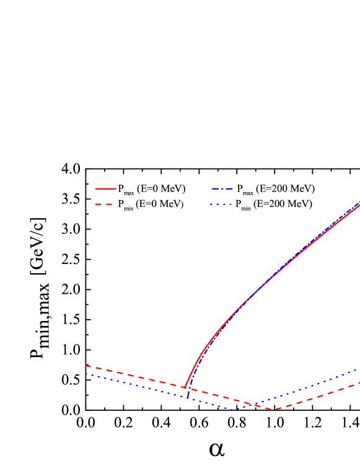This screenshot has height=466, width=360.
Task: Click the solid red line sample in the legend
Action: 105,188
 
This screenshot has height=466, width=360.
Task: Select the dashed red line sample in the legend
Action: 104,204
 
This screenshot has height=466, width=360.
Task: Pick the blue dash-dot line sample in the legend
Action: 222,188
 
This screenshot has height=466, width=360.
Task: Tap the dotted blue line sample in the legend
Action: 221,204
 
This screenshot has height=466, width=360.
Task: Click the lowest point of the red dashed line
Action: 275,410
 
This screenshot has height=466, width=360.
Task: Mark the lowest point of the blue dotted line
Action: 234,410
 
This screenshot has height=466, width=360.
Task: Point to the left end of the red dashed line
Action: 86,366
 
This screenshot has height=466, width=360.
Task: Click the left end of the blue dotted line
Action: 86,374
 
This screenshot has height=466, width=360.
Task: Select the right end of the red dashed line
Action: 359,383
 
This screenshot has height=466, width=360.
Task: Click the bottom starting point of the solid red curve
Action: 185,387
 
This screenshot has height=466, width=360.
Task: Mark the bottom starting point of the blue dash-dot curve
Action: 188,397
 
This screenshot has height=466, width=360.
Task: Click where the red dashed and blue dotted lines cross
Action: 254,404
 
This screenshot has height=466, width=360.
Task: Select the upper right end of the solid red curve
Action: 359,204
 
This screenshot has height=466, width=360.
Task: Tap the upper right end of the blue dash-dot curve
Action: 359,201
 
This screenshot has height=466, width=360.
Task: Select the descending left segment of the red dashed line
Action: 136,376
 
